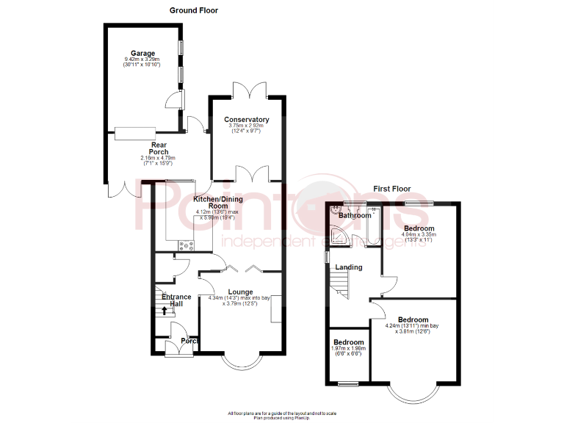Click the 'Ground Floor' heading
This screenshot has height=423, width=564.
tap(194, 10)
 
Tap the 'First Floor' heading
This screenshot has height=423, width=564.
tap(391, 189)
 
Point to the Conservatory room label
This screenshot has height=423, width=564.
tap(247, 120)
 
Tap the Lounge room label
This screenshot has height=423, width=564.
tap(240, 292)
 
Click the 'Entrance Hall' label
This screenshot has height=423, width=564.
tap(176, 300)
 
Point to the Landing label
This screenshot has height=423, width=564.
tap(349, 267)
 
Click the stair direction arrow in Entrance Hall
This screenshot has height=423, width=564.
tap(164, 310)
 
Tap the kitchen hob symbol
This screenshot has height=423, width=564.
tap(186, 246)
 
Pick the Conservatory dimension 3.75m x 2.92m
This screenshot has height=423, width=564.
tap(247, 126)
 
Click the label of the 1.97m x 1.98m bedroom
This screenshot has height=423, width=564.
tap(348, 343)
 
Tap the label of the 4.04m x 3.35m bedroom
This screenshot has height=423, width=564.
tap(419, 229)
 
